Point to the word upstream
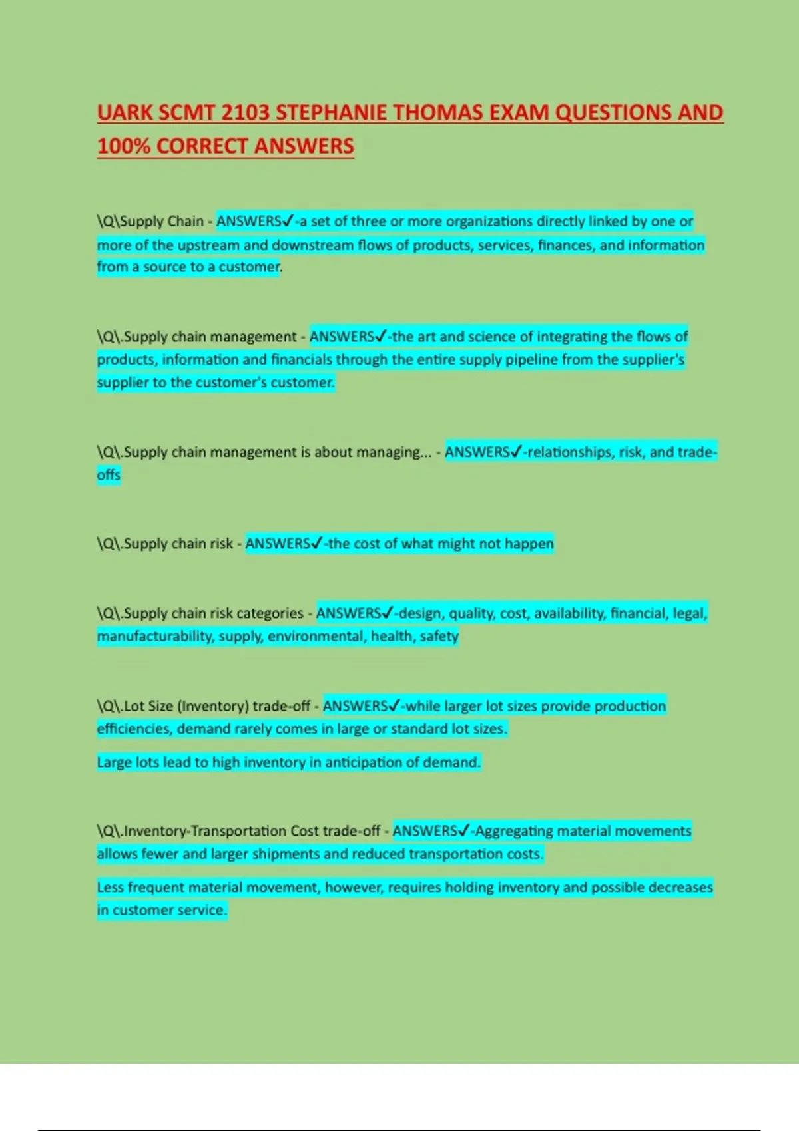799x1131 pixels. click(208, 245)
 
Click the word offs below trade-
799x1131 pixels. click(109, 475)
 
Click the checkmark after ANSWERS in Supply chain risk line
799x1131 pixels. click(318, 544)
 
